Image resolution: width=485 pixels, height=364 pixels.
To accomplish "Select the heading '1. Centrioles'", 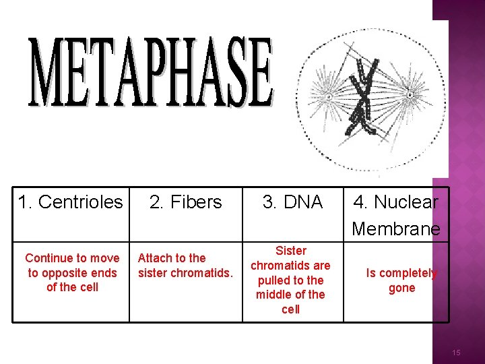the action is [71, 202].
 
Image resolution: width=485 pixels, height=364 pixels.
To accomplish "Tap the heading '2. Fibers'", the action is [185, 202].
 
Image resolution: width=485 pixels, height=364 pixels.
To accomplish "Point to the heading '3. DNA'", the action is [293, 202].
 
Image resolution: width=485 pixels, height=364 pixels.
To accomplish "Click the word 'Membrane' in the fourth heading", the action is [396, 229].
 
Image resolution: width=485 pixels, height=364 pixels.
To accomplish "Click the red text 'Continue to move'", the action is [72, 258].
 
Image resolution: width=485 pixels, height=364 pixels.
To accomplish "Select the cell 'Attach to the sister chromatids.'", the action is [185, 265].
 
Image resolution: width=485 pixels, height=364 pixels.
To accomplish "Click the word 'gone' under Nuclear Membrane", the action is [402, 288].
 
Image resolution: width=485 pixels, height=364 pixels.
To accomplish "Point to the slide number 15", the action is [457, 353].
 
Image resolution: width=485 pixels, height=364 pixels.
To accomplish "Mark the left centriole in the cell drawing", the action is [329, 96].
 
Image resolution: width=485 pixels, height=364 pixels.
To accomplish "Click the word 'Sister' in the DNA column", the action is [291, 251].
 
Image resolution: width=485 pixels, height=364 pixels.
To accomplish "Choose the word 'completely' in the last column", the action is [408, 273].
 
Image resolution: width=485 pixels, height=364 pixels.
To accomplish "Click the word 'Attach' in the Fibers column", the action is [153, 257].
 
